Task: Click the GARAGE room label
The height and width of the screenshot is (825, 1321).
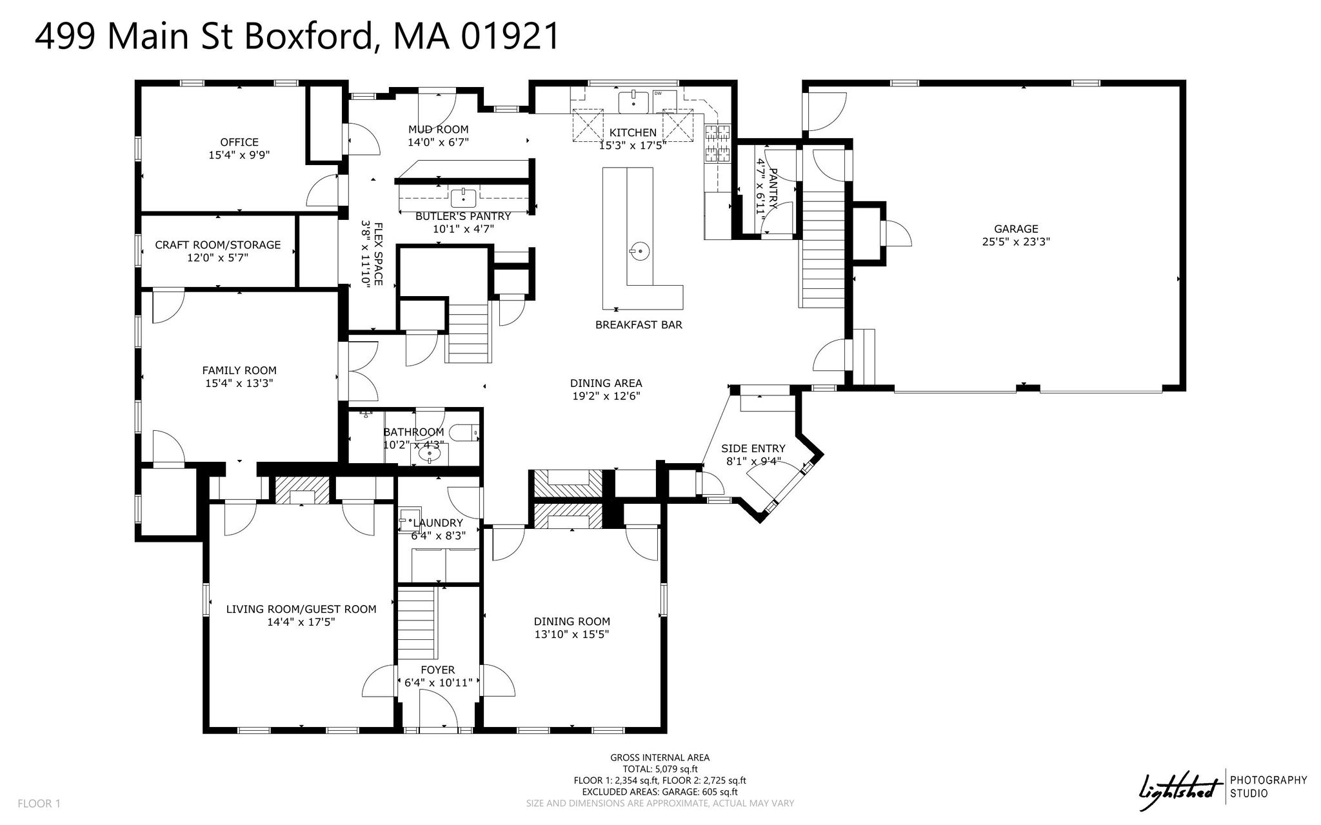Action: click(1016, 228)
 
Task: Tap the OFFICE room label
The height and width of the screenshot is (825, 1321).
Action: click(239, 142)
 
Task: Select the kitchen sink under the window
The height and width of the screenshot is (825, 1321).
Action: click(633, 102)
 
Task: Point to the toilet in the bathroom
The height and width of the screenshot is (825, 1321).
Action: click(464, 432)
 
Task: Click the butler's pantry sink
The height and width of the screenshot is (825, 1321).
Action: click(463, 197)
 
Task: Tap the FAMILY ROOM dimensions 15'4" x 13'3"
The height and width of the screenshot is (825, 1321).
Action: click(239, 383)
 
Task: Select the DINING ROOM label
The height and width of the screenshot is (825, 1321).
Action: click(571, 621)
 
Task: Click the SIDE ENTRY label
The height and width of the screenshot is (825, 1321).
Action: click(753, 448)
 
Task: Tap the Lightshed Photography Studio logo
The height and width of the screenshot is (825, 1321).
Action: click(1222, 788)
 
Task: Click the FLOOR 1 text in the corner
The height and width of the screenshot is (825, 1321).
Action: click(39, 804)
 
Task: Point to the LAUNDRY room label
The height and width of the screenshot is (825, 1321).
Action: click(438, 523)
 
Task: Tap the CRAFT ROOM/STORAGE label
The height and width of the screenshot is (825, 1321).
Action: click(218, 244)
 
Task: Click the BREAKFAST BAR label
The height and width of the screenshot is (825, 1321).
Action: click(639, 325)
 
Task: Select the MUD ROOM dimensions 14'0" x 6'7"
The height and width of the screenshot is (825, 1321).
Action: click(438, 142)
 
